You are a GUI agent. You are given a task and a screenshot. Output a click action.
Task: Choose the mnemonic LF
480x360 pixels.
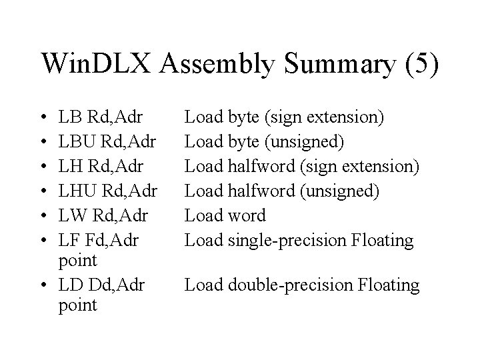point(70,240)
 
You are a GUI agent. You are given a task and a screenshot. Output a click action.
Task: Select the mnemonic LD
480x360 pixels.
point(71,286)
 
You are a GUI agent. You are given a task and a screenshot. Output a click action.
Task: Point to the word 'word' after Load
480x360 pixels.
point(247,216)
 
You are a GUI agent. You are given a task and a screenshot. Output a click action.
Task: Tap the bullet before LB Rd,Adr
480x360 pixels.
point(43,119)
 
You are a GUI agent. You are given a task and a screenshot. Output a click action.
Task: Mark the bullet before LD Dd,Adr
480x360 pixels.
point(43,286)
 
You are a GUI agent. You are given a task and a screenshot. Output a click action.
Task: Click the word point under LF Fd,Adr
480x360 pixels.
point(78,260)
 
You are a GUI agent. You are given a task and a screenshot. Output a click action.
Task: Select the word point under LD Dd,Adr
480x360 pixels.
point(78,306)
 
